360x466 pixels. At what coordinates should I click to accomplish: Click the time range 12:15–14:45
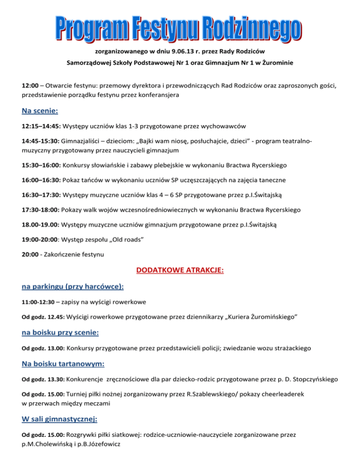click(41, 127)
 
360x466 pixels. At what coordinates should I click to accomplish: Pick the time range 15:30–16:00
click(41, 166)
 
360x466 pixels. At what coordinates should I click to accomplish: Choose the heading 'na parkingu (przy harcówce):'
click(73, 285)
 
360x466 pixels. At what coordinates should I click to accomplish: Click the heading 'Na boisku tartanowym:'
click(63, 363)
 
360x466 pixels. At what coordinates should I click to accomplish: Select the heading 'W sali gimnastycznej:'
click(60, 419)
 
